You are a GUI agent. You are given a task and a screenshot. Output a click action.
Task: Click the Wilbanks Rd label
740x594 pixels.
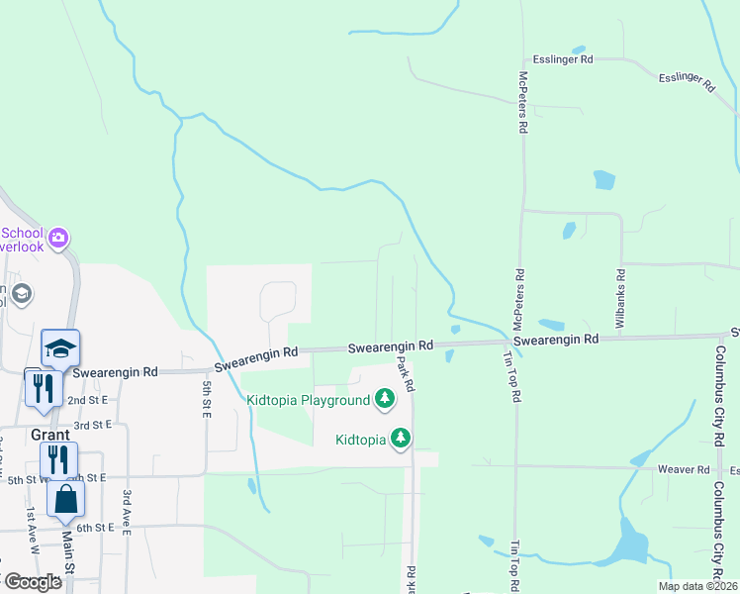[620, 299]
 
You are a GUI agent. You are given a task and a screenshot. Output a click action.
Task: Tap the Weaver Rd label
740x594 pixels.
[691, 469]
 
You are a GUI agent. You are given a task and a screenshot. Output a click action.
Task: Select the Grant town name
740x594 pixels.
[49, 435]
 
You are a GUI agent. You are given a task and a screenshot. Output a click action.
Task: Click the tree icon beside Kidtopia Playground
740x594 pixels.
[385, 400]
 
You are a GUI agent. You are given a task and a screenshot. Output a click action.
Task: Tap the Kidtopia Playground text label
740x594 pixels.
[307, 401]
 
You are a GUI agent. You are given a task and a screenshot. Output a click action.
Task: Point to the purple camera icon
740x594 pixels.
[58, 238]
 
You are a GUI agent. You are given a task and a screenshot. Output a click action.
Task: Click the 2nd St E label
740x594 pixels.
[87, 400]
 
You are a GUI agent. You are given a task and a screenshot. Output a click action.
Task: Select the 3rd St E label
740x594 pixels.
[94, 425]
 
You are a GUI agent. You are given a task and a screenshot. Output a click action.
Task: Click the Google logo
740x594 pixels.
[33, 582]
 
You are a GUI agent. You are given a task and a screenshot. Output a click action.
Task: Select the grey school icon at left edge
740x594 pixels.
[22, 294]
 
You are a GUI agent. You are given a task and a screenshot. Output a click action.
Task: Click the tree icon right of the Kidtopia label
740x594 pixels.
[401, 438]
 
